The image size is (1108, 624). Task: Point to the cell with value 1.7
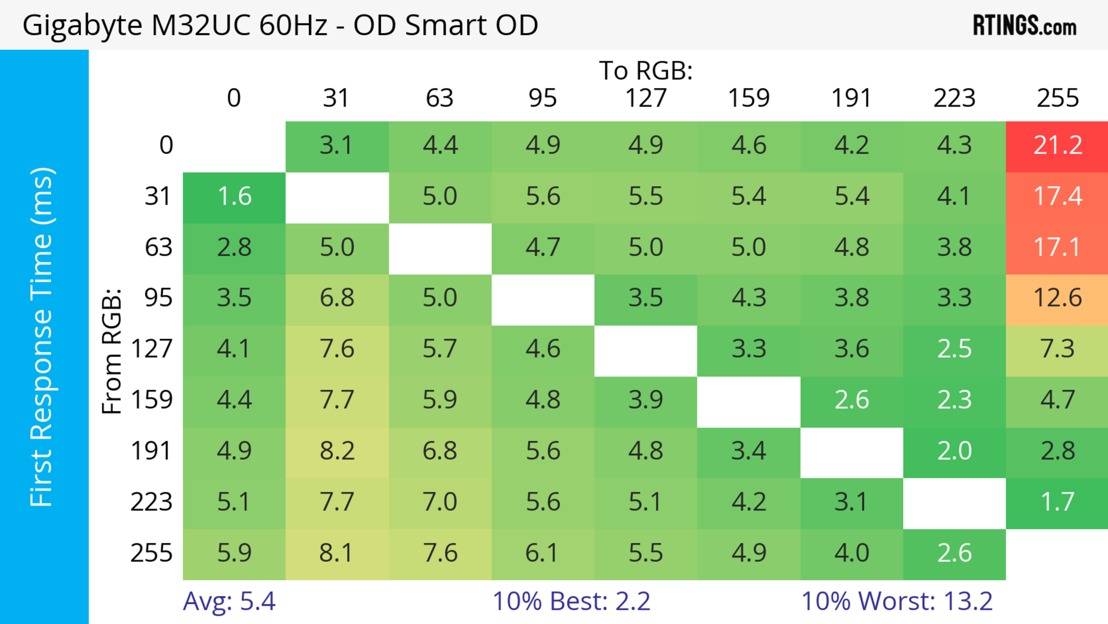(1057, 502)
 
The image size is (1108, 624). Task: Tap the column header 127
(646, 98)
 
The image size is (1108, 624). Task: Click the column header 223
(954, 98)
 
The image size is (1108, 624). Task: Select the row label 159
(152, 400)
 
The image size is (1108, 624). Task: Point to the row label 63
(158, 248)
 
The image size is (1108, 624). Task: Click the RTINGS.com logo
(1025, 26)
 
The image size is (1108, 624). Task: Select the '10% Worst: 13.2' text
(897, 601)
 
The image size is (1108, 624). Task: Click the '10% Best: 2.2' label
(571, 601)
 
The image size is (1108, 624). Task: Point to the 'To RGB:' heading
(646, 70)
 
